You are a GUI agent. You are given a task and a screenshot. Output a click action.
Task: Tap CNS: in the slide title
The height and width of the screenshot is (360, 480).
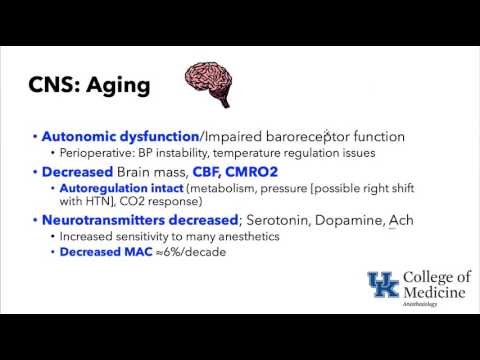coord(53,85)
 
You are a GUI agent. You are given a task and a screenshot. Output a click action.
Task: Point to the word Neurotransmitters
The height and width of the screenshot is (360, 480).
coord(111,219)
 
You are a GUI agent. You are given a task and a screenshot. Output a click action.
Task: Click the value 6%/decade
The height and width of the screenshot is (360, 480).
coord(197,252)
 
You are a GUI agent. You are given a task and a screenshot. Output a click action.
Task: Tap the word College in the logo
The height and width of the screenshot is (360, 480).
coord(428,277)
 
